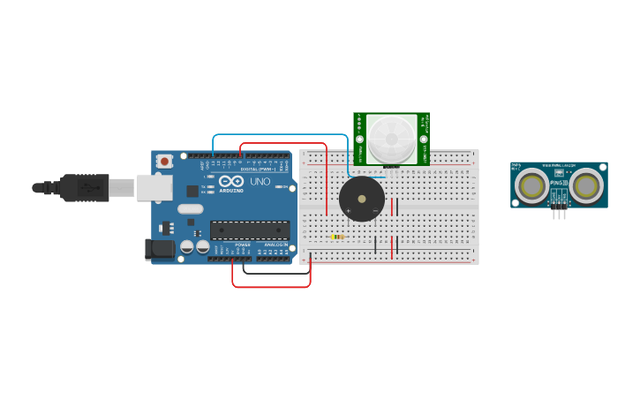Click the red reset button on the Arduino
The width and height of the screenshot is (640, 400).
[164, 161]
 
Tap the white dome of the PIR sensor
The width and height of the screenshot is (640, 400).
[390, 138]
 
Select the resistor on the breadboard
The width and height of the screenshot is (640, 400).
[336, 237]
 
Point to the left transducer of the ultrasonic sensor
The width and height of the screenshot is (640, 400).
[532, 186]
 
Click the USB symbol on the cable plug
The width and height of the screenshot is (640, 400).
[88, 187]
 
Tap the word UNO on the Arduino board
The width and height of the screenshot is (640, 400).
[260, 182]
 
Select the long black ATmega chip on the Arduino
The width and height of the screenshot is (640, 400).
[250, 230]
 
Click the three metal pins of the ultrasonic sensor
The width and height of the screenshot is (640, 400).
[559, 213]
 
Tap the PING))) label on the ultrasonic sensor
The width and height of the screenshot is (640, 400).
[558, 183]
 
